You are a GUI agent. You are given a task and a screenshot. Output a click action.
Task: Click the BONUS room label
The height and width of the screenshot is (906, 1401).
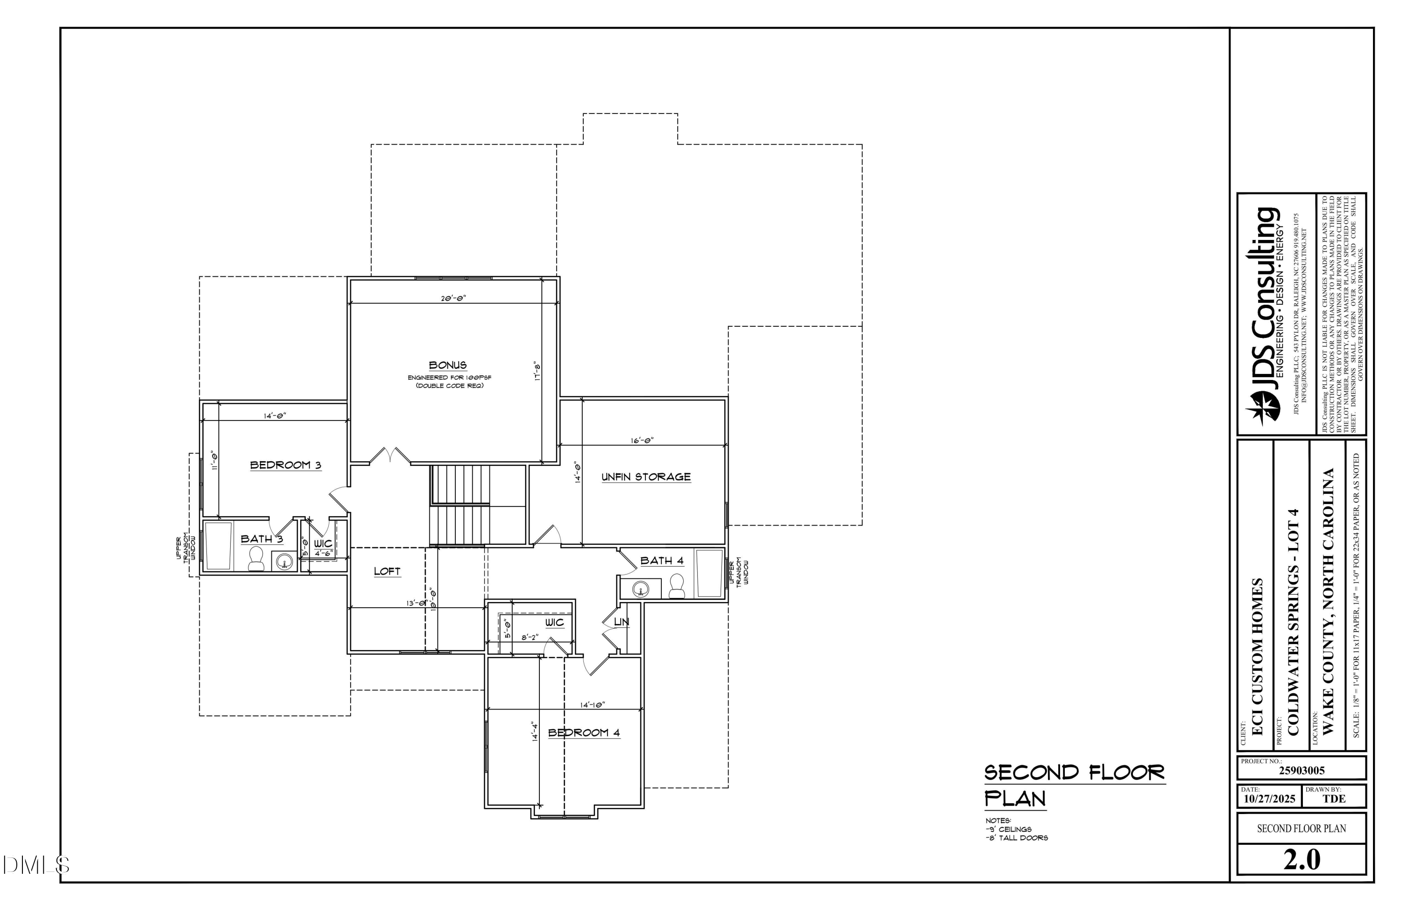tap(447, 365)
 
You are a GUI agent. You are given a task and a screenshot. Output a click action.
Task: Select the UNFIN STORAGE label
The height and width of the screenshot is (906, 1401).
tap(646, 477)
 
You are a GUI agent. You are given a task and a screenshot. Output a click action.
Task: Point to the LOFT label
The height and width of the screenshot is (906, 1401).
tap(387, 571)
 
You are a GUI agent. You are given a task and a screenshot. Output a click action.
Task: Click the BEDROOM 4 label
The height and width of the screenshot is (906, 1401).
tap(584, 733)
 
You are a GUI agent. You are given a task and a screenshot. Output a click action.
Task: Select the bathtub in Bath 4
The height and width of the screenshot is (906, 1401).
tap(709, 573)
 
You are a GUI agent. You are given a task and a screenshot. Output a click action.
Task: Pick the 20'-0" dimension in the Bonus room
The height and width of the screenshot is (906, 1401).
tap(453, 298)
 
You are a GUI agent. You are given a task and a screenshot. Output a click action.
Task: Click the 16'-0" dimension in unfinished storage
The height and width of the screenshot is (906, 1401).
tap(642, 440)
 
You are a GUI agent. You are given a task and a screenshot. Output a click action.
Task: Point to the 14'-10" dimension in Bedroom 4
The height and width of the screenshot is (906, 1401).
tap(592, 705)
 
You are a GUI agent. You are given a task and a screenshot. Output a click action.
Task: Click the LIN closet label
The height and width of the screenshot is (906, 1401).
tap(622, 622)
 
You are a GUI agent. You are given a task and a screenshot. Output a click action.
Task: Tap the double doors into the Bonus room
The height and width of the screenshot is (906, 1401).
tap(389, 456)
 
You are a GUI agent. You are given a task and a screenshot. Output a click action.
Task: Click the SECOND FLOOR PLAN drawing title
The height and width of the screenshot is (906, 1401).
tap(1074, 785)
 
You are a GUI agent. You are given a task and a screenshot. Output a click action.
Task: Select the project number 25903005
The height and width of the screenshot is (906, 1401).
tap(1302, 771)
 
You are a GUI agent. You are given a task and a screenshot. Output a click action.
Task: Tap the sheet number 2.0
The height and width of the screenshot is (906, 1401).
tap(1302, 860)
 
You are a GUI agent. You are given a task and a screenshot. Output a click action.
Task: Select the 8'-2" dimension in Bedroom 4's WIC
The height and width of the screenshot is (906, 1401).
tap(530, 637)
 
